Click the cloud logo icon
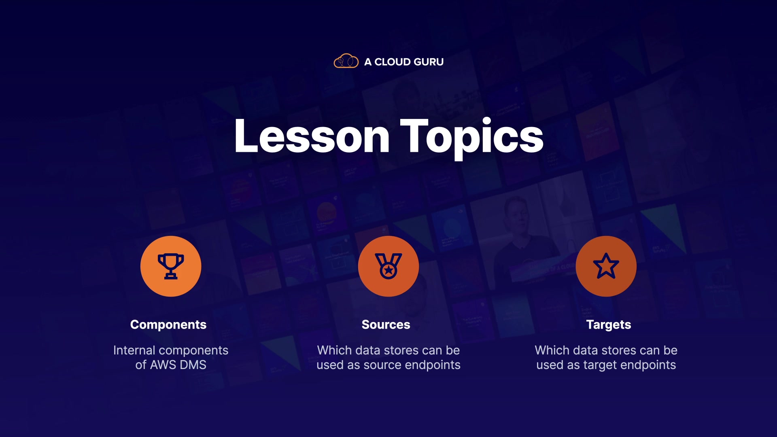click(x=346, y=61)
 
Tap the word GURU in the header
click(x=429, y=62)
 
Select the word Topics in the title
click(x=472, y=138)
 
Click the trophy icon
click(x=171, y=266)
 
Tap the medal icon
click(x=388, y=266)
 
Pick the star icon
click(x=606, y=266)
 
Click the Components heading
click(x=168, y=325)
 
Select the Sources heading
click(x=386, y=325)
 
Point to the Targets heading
click(x=609, y=325)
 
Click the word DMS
click(x=193, y=365)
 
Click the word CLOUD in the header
click(x=393, y=62)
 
